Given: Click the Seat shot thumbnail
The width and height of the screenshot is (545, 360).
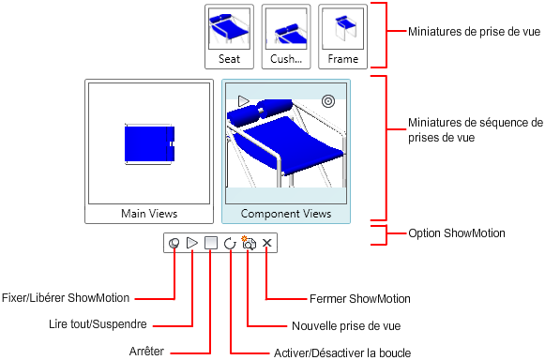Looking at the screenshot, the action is [x=229, y=37].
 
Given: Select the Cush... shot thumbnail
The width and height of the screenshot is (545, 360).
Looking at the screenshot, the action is [x=286, y=37].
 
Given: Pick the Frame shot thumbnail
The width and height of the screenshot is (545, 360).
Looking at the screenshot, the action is [x=342, y=37].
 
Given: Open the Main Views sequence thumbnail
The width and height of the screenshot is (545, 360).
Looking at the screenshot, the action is [x=149, y=151].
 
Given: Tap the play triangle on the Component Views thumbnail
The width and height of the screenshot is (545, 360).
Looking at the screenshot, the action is [x=243, y=100].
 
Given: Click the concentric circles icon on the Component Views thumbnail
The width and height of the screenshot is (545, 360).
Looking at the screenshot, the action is [x=328, y=101].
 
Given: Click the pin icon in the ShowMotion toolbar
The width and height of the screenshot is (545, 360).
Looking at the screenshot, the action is [x=174, y=243].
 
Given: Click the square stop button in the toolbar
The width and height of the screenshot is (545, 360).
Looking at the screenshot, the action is [x=211, y=243].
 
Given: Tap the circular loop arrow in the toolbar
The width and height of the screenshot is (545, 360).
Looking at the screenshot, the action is [x=230, y=243].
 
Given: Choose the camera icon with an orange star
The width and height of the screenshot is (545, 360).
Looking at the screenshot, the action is [x=249, y=243].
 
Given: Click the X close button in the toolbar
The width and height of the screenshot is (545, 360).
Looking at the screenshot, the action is [x=266, y=243].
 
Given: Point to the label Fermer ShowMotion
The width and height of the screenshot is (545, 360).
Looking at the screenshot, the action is [x=360, y=298].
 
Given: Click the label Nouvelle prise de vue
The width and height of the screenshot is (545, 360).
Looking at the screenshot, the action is [x=346, y=326].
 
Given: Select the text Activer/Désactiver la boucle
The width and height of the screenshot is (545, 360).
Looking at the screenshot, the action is [x=342, y=352].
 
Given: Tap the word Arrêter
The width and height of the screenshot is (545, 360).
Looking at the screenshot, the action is [x=146, y=352].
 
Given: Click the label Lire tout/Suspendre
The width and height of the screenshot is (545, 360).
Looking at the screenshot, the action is [x=98, y=324].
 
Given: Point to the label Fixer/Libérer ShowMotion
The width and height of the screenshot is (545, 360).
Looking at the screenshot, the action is [x=66, y=298].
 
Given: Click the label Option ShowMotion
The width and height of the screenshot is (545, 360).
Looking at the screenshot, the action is [x=457, y=233].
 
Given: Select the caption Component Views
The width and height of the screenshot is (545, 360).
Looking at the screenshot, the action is [x=286, y=214].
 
